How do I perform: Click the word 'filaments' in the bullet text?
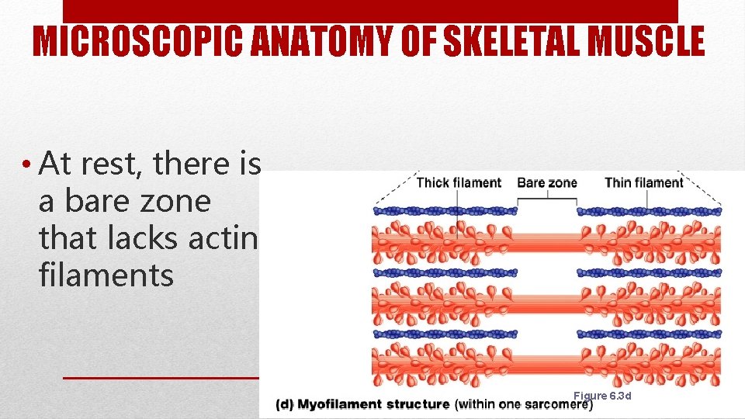point(106,275)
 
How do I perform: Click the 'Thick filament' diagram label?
point(459,183)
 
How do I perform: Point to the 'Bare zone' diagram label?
point(546,183)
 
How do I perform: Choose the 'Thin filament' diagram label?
point(643,183)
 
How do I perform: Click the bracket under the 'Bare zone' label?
point(547,198)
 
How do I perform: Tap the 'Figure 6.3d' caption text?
point(602,396)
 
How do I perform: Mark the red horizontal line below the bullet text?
point(159,378)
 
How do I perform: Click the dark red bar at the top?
point(370,11)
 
